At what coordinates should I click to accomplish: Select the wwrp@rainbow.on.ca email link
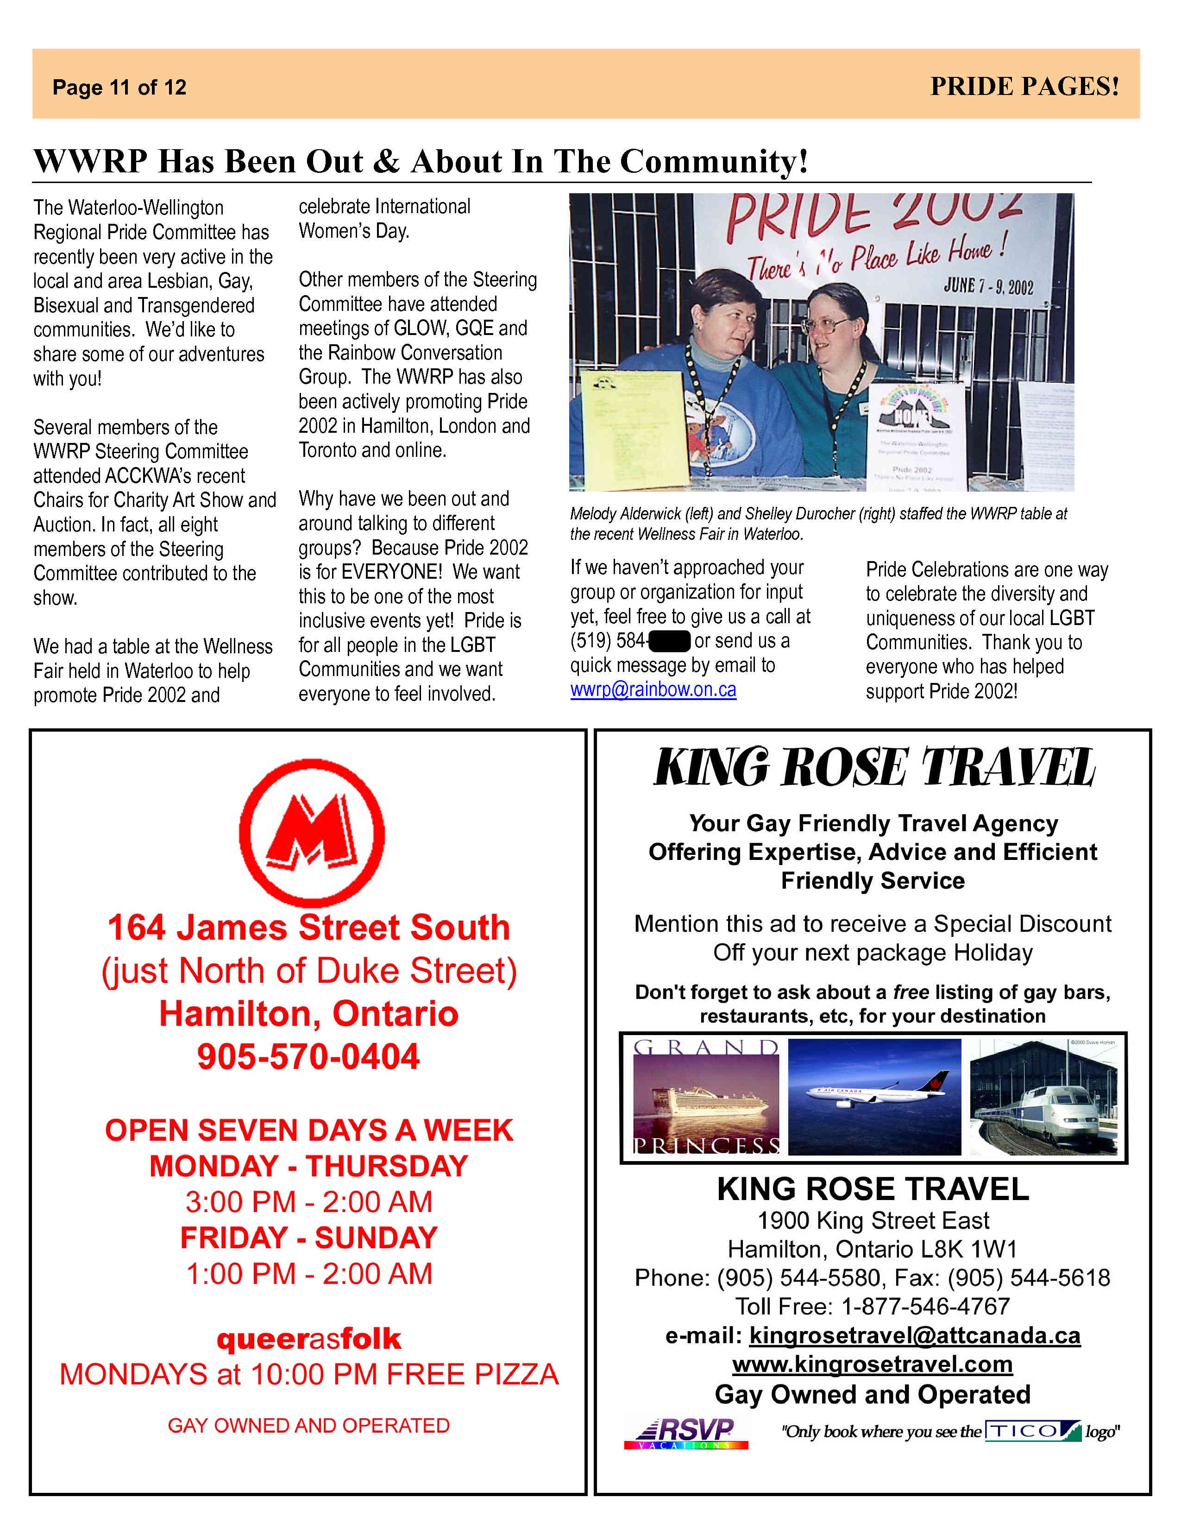click(653, 689)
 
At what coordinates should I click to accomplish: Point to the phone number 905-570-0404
click(308, 1057)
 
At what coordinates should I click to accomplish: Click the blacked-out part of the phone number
click(670, 641)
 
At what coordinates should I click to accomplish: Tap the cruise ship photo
click(706, 1097)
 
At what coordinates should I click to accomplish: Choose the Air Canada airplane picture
click(874, 1097)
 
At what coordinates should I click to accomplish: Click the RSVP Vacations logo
click(685, 1432)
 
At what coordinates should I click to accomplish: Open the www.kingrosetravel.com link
click(873, 1365)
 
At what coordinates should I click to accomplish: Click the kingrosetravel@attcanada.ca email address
click(914, 1336)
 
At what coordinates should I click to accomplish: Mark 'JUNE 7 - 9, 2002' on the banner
click(988, 285)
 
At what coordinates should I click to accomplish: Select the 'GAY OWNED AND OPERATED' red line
click(308, 1425)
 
